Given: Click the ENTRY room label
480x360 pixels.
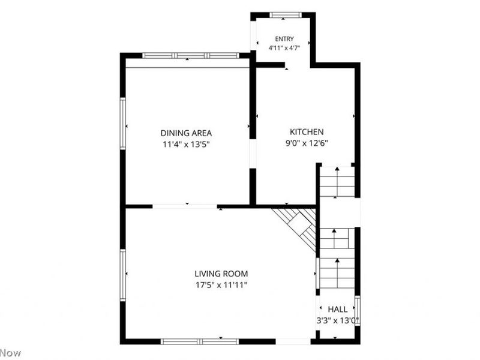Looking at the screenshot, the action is tap(284, 39).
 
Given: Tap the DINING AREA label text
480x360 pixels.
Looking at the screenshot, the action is tap(186, 133).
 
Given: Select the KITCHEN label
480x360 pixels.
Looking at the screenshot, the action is tap(307, 132).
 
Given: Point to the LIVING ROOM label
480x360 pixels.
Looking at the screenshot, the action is tap(221, 274).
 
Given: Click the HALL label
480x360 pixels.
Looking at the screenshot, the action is tap(338, 309).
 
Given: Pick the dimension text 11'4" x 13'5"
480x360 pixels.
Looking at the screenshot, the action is tap(186, 144).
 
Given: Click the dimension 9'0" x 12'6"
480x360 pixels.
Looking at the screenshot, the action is tap(307, 143).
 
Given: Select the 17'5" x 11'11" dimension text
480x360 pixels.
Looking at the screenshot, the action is tap(221, 286).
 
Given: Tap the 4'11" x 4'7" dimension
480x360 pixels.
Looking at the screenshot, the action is tap(284, 48).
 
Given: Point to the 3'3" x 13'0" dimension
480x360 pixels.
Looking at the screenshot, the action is tap(338, 321).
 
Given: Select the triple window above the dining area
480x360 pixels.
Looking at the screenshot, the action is tap(191, 56).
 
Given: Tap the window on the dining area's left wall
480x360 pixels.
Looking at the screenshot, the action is tap(123, 124).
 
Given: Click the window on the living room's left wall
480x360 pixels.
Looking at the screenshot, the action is tap(123, 275).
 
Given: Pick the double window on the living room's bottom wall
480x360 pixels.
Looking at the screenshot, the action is tap(200, 341).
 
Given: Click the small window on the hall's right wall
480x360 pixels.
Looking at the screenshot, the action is tap(357, 311).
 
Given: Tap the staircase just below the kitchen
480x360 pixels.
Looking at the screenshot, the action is tap(337, 182).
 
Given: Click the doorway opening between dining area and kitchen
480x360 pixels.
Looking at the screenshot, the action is tap(253, 154).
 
